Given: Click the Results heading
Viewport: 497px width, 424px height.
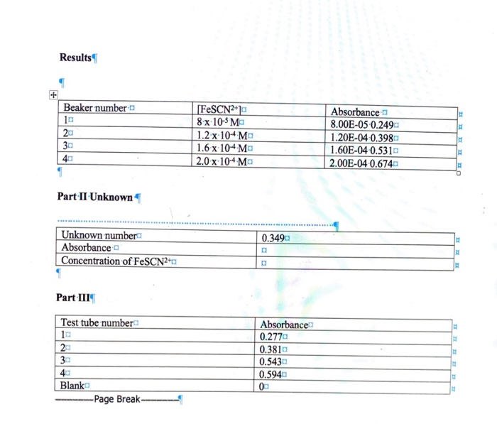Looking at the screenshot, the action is (x=75, y=58).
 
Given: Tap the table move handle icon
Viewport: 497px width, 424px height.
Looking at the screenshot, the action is (x=53, y=94).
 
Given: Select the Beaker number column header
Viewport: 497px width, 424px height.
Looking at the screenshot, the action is (x=95, y=108).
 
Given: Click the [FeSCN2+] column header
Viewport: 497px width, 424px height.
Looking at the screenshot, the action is (x=219, y=109).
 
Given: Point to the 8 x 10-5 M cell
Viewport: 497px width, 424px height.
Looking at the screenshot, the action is (x=218, y=122).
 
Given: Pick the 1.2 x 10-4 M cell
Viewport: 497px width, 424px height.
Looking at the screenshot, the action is (x=222, y=136).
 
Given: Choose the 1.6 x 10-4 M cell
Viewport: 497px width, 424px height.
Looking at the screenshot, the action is (x=222, y=148).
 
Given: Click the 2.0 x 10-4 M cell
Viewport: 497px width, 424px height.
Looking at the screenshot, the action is (x=222, y=161).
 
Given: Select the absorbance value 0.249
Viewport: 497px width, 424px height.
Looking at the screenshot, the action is (x=382, y=125).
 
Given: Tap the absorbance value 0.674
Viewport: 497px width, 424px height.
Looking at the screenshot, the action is (x=381, y=163).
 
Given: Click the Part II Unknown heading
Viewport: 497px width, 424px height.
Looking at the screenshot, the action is (x=94, y=197).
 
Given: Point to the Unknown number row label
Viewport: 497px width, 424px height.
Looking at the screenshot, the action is (x=99, y=235).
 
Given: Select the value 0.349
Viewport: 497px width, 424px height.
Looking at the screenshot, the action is (x=273, y=238).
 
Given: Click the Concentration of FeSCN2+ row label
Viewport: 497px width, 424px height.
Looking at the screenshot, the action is (x=116, y=261).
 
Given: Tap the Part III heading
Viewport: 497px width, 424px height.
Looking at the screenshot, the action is (x=73, y=298).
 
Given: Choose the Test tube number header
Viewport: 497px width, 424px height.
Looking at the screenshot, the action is (x=97, y=322).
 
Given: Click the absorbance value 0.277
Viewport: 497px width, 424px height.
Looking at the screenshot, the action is (x=271, y=337).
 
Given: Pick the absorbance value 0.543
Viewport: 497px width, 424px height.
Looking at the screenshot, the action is (x=271, y=362).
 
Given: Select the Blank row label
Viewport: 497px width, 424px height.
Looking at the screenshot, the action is (x=72, y=386).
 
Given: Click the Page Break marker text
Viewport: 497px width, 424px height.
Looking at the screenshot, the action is (x=117, y=399).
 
